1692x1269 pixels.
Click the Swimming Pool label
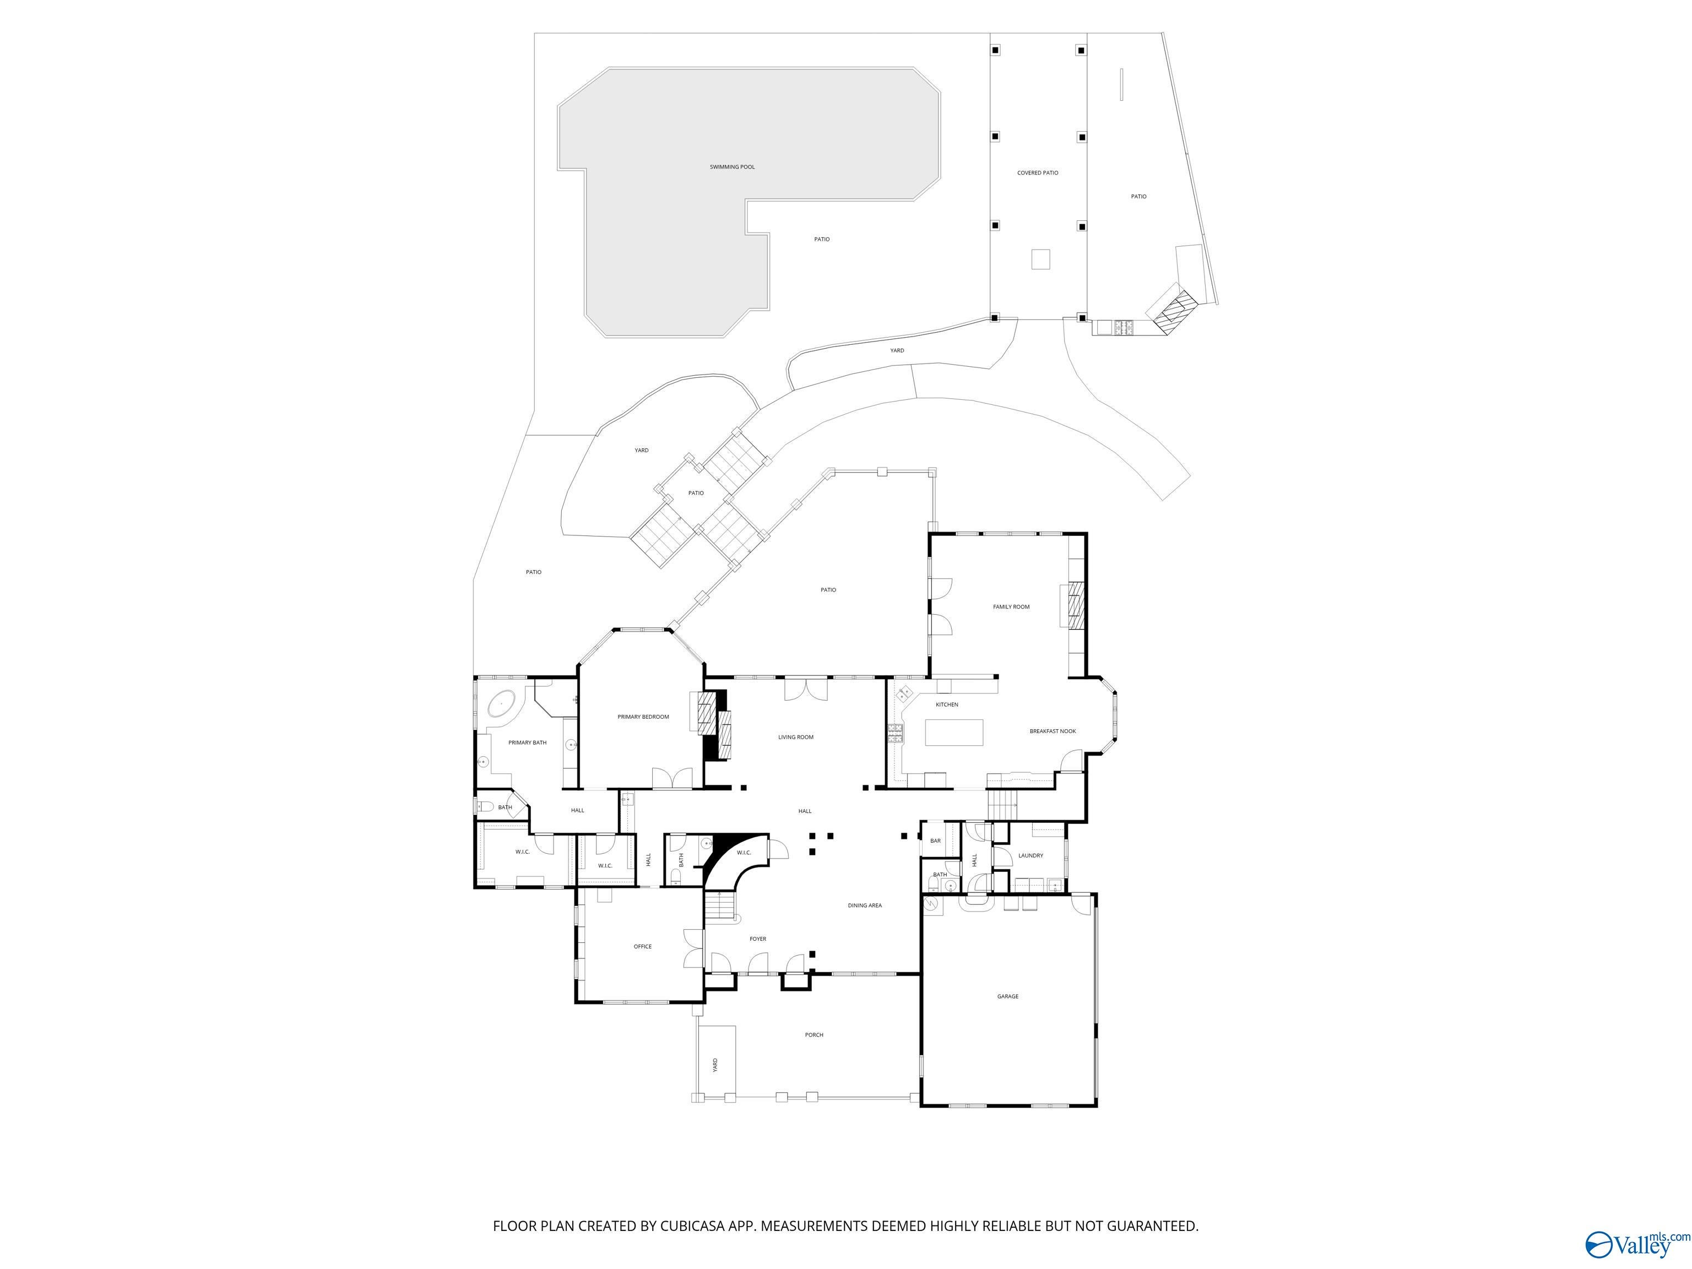tap(732, 167)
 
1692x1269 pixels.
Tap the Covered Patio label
tap(1037, 173)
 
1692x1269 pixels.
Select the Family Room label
tap(1011, 606)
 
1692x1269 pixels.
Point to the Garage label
tap(1007, 997)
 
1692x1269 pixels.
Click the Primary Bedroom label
tap(643, 717)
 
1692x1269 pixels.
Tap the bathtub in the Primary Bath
tap(501, 702)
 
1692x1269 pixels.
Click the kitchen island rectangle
tap(954, 732)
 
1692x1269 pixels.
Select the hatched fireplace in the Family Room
tap(1076, 605)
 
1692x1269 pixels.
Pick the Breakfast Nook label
tap(1053, 731)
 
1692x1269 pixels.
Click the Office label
tap(643, 946)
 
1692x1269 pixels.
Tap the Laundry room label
tap(1031, 855)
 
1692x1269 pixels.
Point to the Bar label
tap(935, 840)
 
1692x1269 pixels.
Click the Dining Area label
tap(864, 905)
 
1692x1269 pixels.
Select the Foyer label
tap(757, 939)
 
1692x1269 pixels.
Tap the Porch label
tap(814, 1035)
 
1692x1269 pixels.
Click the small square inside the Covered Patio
tap(1040, 259)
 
